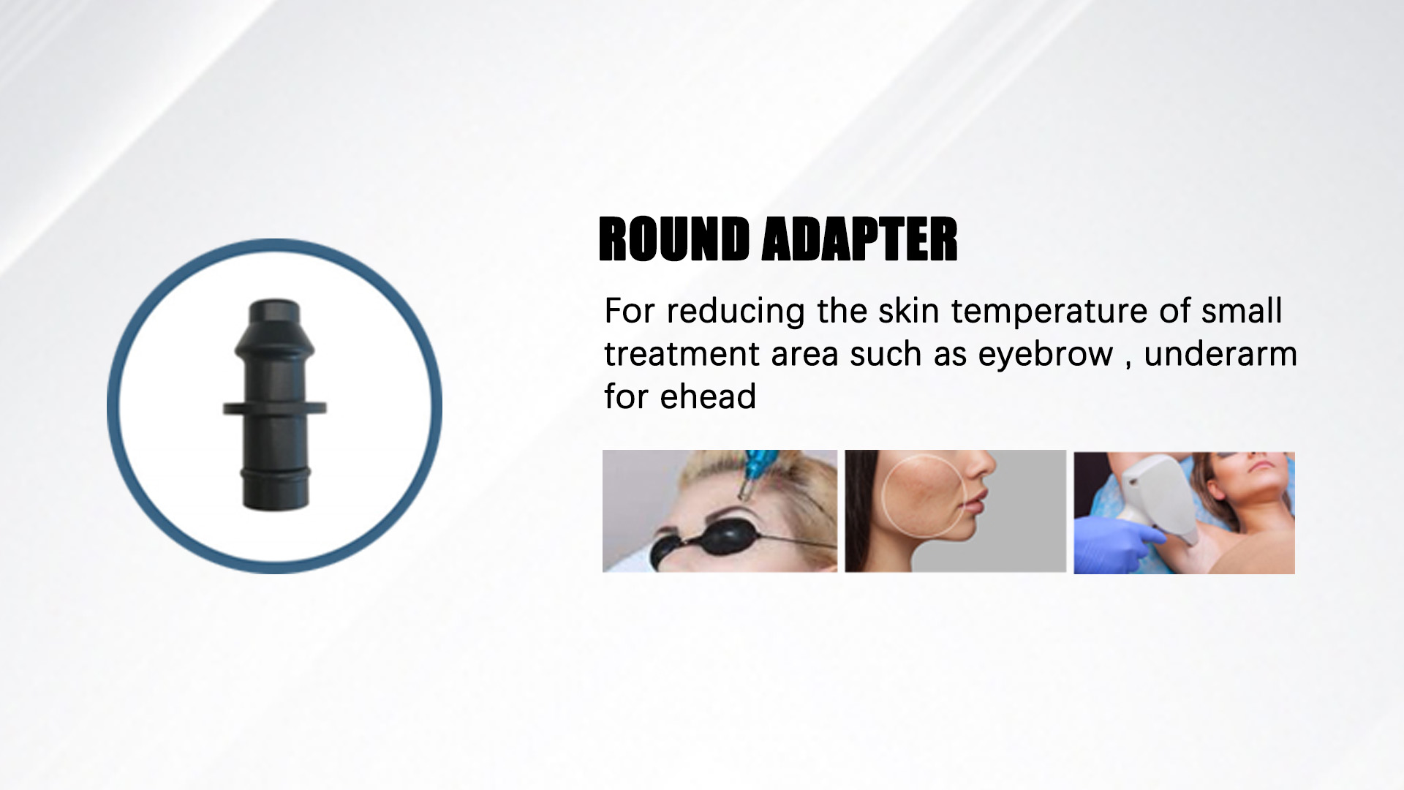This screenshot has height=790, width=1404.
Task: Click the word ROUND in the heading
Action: click(673, 239)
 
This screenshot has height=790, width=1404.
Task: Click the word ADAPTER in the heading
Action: click(859, 239)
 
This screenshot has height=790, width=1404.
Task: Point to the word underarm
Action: click(1220, 354)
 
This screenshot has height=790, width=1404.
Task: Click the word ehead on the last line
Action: click(708, 397)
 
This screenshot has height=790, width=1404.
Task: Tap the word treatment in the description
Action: click(682, 355)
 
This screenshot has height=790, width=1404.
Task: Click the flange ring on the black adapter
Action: click(275, 407)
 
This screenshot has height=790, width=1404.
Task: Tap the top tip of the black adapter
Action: click(275, 299)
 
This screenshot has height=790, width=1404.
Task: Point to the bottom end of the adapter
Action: click(275, 508)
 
